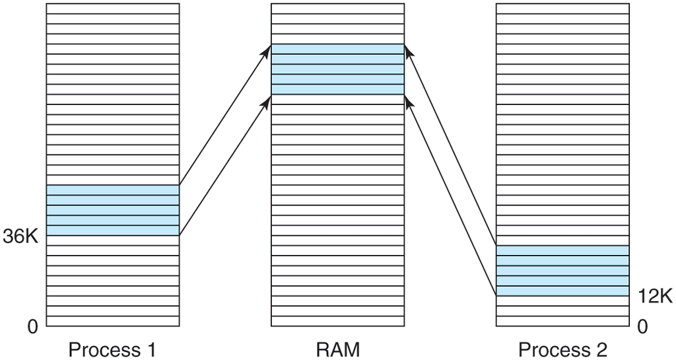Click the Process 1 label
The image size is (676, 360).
[112, 349]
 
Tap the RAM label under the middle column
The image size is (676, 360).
[337, 349]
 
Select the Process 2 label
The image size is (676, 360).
[562, 349]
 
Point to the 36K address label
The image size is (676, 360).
[21, 236]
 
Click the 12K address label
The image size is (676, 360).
[654, 297]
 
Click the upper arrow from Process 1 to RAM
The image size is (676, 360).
[225, 115]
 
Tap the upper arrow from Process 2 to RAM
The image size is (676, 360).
[450, 145]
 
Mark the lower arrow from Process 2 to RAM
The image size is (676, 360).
[450, 196]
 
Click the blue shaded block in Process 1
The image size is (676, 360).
[112, 210]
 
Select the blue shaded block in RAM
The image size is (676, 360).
[337, 69]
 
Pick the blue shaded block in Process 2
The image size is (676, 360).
[562, 271]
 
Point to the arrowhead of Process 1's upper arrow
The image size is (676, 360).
[268, 48]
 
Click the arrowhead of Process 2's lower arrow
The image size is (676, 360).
[407, 99]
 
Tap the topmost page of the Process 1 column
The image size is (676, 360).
[112, 9]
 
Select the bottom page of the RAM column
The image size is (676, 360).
[337, 322]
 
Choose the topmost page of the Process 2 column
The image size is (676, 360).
[562, 9]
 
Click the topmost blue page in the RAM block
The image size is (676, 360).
[337, 49]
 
